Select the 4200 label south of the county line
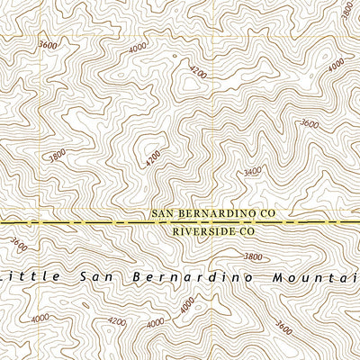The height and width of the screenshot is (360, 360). [x=117, y=321]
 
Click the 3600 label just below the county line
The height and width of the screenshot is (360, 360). [x=18, y=243]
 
